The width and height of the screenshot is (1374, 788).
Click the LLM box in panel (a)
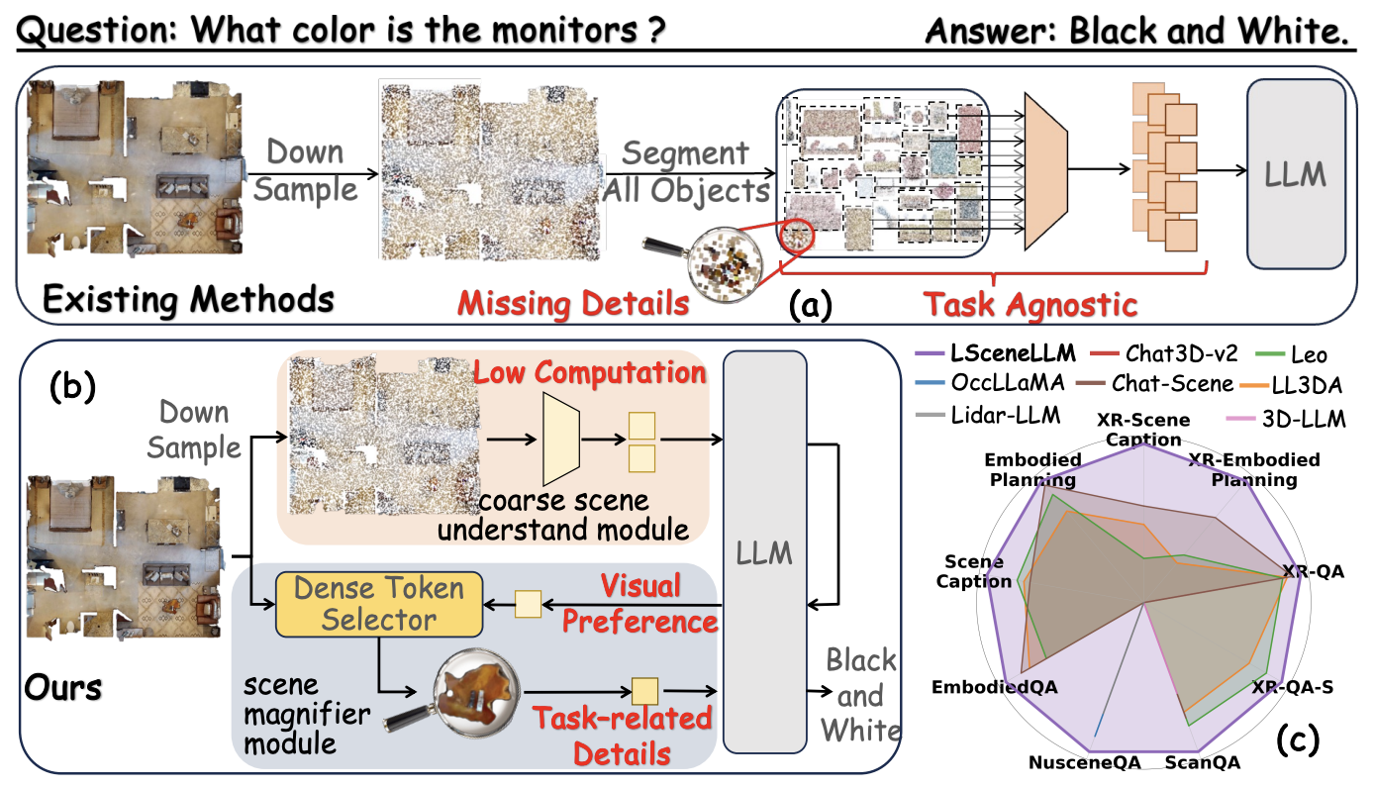(x=1297, y=174)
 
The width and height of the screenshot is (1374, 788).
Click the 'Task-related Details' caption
(x=623, y=735)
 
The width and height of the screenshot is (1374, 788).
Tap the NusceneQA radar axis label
(x=1084, y=763)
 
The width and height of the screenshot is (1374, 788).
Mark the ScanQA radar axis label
(x=1202, y=763)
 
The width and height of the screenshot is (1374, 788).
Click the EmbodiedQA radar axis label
(x=995, y=686)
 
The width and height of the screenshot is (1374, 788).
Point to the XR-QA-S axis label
(x=1292, y=686)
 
